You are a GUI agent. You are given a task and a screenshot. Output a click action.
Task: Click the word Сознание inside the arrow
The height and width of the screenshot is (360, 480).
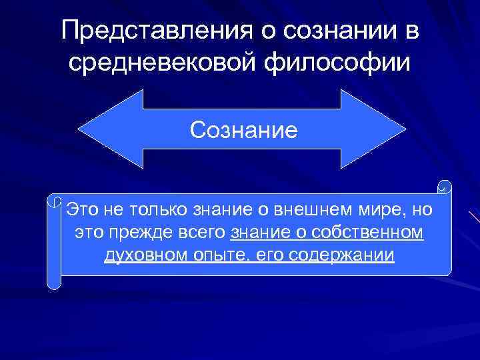point(243,128)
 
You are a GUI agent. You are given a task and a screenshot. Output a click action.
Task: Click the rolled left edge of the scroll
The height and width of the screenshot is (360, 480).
point(55,240)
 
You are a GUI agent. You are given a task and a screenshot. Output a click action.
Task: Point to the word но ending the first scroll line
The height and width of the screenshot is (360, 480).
point(422,210)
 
